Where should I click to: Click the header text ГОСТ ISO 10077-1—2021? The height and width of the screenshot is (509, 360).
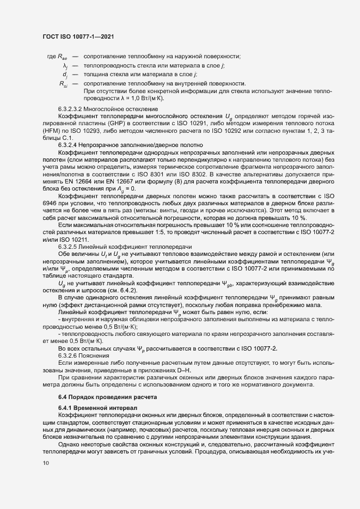click(78, 36)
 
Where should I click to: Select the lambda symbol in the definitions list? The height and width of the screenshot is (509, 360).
click(65, 65)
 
